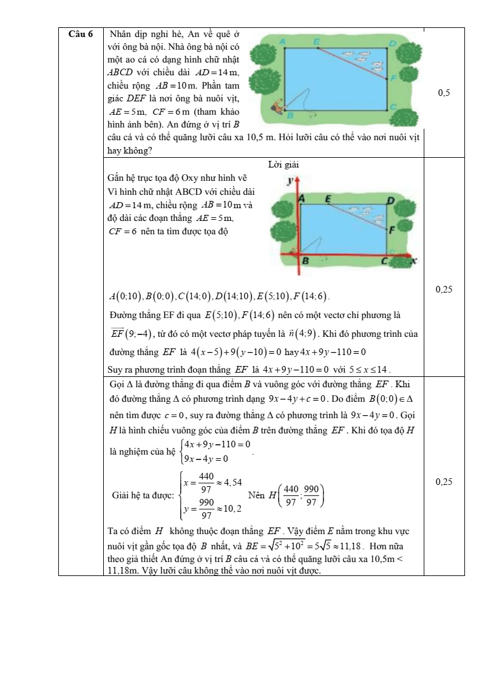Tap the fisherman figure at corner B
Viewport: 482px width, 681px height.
(279, 106)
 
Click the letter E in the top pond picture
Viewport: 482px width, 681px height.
(317, 41)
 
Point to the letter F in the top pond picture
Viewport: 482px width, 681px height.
(393, 78)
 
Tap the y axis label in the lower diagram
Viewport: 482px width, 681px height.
(291, 180)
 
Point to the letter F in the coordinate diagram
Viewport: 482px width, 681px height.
(391, 230)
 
